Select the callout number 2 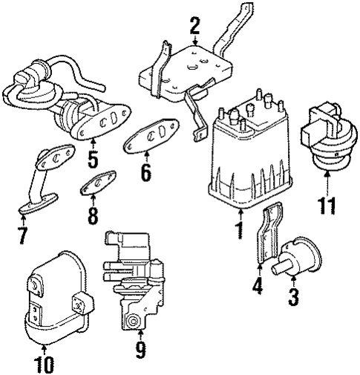click(x=195, y=27)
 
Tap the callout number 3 click(x=294, y=299)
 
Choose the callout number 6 click(x=145, y=174)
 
